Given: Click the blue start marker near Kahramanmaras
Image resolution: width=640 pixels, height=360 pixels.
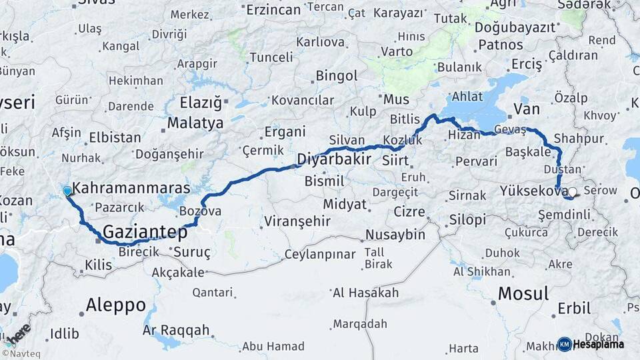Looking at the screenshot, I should click(67, 191).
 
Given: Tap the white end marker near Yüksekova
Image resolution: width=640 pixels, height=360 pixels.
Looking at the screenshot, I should click(572, 192).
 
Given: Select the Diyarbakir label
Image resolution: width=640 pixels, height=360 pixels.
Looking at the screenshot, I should click(333, 159).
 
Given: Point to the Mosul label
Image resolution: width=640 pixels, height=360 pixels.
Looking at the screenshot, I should click(523, 293).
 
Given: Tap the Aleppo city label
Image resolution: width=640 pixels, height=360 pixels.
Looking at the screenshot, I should click(115, 305).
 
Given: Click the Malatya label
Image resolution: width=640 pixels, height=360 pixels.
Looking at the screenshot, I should click(195, 123).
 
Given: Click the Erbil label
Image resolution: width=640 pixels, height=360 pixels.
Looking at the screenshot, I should click(573, 309).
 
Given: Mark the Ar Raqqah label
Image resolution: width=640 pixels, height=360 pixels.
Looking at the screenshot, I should click(176, 330).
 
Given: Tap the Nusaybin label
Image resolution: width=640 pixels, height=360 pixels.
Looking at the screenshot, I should click(395, 235).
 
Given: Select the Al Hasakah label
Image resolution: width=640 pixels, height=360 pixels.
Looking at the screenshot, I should click(365, 293).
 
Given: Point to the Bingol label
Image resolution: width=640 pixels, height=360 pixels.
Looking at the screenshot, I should click(337, 75).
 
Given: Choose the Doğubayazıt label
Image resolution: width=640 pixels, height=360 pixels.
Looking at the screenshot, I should click(515, 27).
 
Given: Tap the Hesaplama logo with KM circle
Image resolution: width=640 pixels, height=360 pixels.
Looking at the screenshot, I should click(591, 344).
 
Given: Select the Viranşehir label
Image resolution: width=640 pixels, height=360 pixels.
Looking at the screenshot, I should click(298, 221).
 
